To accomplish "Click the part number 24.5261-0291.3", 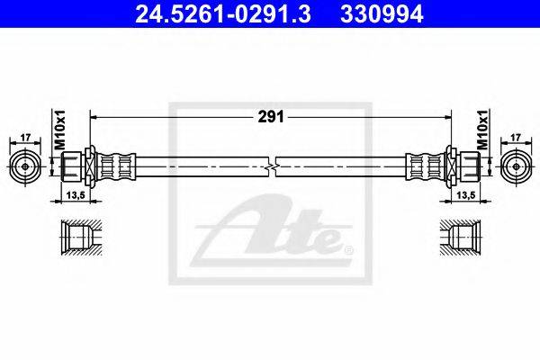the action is [223, 14].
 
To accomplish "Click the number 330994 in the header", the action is [382, 14].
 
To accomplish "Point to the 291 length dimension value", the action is [271, 117].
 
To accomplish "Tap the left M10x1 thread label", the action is [60, 130].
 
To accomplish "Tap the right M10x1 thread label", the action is [482, 130].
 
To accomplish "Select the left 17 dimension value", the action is [25, 138].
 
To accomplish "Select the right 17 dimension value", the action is [515, 138].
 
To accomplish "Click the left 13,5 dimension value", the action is [76, 195].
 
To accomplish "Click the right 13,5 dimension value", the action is [465, 195].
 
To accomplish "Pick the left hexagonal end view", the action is [25, 166].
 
